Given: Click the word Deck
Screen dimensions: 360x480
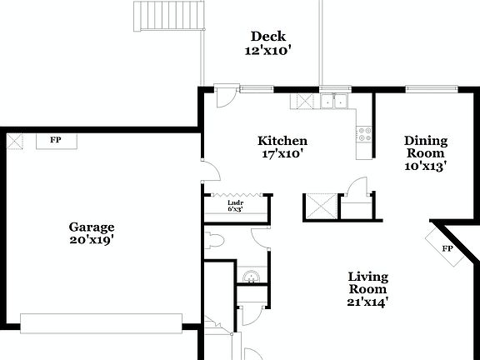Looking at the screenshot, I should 268,36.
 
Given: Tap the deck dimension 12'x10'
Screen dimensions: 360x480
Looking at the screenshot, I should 268,51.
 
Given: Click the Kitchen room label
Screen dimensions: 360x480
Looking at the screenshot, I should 282,141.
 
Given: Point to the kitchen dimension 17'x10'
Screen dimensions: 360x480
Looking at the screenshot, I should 282,153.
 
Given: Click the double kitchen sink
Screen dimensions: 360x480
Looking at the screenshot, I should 335,102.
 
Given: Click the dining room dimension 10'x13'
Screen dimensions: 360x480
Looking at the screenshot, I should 426,166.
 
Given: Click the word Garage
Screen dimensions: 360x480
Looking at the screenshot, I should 92,227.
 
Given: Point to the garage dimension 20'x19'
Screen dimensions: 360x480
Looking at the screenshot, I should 92,240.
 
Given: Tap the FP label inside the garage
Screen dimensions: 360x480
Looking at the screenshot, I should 56,140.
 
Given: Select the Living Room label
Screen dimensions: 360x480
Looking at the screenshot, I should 367,283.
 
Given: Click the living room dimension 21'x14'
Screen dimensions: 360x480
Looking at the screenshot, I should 367,302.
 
